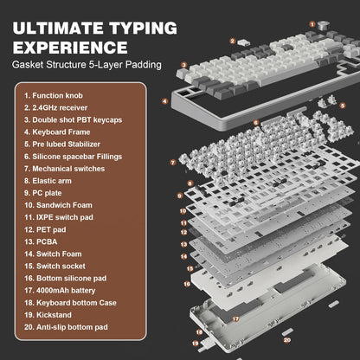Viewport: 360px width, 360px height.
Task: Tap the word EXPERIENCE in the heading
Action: point(70,45)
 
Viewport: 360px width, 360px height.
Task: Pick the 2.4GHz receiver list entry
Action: point(56,108)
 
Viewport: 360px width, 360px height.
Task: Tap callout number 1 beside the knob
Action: point(312,24)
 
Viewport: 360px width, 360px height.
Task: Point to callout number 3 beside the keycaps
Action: point(183,64)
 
